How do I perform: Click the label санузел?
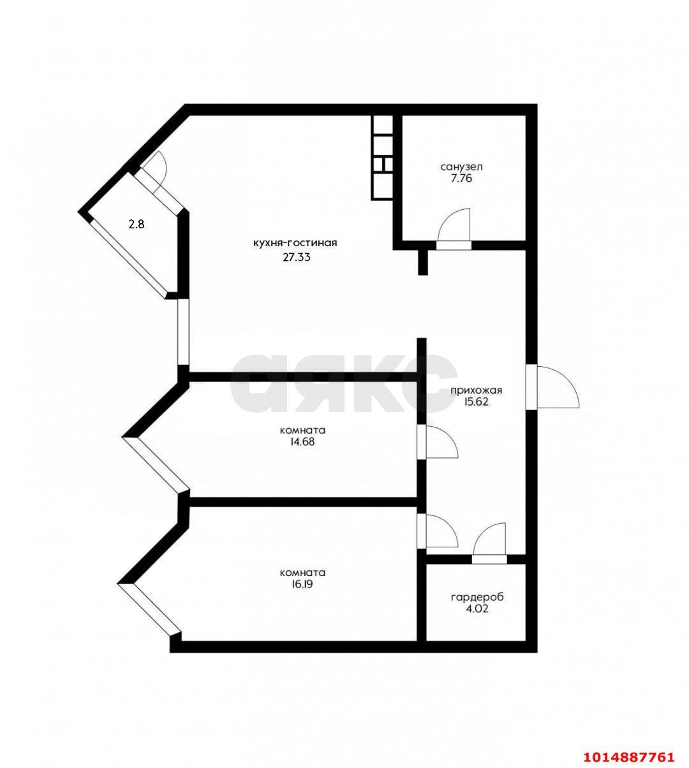click(x=461, y=166)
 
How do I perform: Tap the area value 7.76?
click(x=461, y=179)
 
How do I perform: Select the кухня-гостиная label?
click(x=295, y=243)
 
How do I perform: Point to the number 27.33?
click(x=297, y=258)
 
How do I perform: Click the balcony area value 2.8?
click(x=137, y=225)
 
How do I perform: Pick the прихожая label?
click(x=477, y=390)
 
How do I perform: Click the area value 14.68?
click(x=302, y=442)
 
